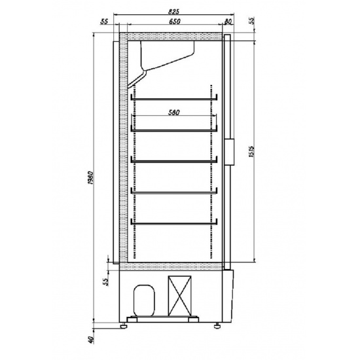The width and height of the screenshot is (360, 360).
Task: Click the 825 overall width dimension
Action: point(173,12)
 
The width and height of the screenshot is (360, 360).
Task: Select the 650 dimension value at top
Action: point(175,22)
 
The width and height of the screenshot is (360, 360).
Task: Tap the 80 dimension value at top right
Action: point(228,22)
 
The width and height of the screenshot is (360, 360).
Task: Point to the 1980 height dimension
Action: point(90,178)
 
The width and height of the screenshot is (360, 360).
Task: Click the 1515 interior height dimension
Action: point(251,152)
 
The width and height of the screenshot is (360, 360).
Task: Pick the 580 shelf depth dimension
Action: point(174,113)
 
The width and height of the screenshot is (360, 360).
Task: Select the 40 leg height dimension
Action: point(91,340)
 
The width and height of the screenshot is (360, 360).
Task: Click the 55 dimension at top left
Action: point(104,22)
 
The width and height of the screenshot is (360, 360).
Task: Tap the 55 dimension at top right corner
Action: point(252,21)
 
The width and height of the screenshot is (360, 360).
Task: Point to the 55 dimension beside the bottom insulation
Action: point(105,281)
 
